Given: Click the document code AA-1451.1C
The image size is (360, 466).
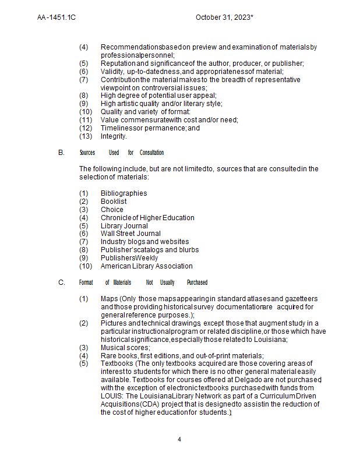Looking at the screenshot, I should tap(57, 17).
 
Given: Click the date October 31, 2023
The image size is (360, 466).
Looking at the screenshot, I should tap(224, 17).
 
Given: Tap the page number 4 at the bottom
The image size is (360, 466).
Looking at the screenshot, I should tap(179, 439).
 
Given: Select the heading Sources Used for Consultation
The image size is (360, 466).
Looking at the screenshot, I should tap(121, 153).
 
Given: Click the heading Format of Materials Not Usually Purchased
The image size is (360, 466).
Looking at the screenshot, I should tap(143, 283).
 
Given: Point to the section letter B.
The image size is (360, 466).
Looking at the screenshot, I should tap(61, 153).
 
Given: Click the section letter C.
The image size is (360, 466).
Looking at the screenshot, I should tap(61, 283).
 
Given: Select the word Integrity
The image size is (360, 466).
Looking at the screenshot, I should tap(114, 136).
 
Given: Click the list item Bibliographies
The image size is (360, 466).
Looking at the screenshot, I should tap(123, 193).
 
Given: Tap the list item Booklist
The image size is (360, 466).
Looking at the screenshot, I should tap(114, 202).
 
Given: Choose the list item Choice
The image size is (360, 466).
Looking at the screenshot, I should tap(112, 210).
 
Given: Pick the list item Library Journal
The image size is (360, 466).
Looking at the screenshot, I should tap(124, 226).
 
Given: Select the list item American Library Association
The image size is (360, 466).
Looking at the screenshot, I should tap(146, 266).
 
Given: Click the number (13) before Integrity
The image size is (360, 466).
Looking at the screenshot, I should tap(86, 136).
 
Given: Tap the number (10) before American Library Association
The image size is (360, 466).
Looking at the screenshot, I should tap(86, 266).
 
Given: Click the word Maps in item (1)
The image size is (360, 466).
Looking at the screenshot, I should tap(109, 299).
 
